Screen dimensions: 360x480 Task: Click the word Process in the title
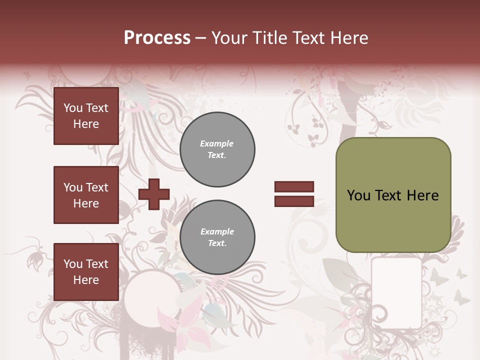(157, 38)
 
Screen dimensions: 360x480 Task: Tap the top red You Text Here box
(86, 116)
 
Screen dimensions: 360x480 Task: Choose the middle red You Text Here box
(86, 195)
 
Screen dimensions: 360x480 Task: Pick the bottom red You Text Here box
(86, 271)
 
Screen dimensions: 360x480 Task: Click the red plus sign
(154, 194)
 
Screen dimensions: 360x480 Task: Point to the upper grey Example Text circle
(217, 149)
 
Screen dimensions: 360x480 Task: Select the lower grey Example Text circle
(217, 237)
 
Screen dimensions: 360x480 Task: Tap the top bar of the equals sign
(294, 187)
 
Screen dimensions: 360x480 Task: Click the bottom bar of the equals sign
(294, 201)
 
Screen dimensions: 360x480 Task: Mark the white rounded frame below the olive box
(396, 292)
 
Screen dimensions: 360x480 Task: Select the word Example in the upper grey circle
(216, 143)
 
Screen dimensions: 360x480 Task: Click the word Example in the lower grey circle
(217, 231)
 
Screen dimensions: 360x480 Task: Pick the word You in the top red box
(73, 108)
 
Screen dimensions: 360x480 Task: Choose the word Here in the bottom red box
(86, 280)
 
